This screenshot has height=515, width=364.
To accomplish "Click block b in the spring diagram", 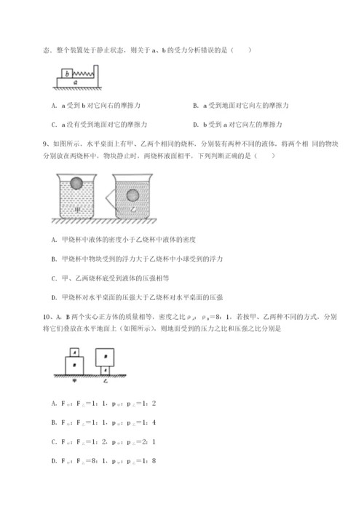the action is (68, 74).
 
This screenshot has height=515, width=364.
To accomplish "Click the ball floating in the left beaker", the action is (76, 183).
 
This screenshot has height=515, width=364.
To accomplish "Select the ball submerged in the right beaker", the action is (133, 195).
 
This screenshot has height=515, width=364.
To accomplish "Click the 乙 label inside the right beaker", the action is (133, 210).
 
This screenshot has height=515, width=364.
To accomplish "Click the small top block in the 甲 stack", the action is (74, 352).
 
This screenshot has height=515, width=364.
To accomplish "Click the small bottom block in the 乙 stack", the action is (106, 371).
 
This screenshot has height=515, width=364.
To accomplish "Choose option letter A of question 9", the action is (55, 239).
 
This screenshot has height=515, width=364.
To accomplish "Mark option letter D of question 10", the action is (55, 460).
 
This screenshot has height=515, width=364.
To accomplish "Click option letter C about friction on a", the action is (55, 125).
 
